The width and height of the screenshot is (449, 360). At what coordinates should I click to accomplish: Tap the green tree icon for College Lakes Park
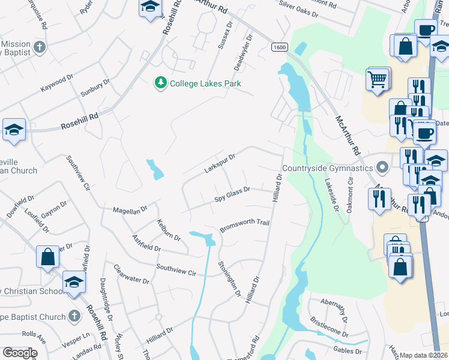pyautogui.click(x=160, y=83)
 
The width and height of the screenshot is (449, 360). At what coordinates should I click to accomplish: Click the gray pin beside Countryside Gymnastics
pyautogui.click(x=381, y=167)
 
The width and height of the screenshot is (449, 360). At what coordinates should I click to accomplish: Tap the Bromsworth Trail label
pyautogui.click(x=244, y=225)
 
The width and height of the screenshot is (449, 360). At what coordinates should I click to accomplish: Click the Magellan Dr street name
pyautogui.click(x=130, y=210)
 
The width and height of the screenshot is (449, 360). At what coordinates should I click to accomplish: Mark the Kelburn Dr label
pyautogui.click(x=169, y=230)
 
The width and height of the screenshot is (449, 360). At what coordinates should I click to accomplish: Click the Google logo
pyautogui.click(x=19, y=353)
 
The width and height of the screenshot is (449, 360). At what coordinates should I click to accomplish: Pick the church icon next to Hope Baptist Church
pyautogui.click(x=73, y=316)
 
